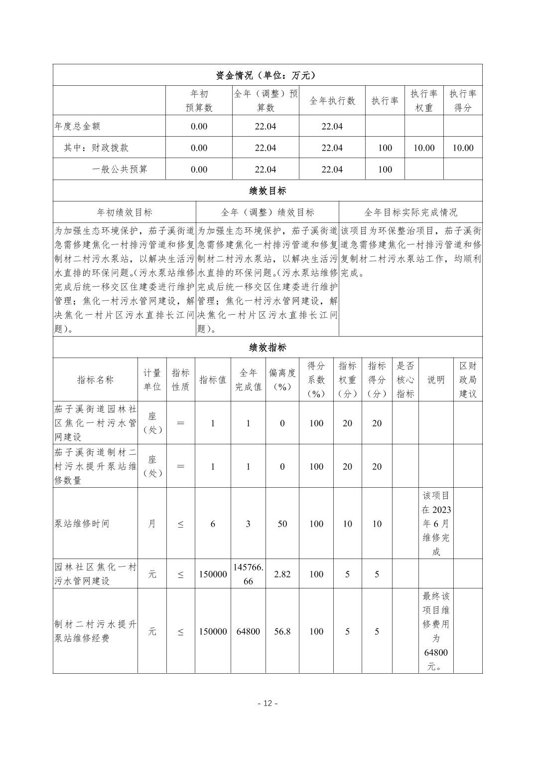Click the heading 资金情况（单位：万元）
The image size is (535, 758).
tap(267, 75)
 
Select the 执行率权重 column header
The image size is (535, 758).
tap(424, 101)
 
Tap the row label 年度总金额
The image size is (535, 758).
tap(77, 126)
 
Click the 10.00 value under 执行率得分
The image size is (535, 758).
tap(463, 148)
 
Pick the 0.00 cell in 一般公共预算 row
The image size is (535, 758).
tap(199, 169)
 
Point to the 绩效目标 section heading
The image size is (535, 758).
tap(267, 190)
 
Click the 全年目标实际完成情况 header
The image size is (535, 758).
tap(410, 212)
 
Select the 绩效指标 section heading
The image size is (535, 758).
tap(267, 348)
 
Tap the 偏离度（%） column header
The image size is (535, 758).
tap(282, 379)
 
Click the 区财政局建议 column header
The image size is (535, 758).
tap(468, 379)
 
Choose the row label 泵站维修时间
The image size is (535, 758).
tap(82, 524)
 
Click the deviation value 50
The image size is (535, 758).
tap(282, 524)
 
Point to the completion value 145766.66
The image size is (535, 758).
tap(248, 574)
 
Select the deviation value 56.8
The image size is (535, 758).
tap(282, 631)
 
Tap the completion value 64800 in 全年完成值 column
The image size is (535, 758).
tap(248, 631)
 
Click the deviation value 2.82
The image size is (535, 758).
tap(282, 574)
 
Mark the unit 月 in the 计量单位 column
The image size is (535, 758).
tap(152, 524)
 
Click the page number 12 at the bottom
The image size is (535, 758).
tap(267, 703)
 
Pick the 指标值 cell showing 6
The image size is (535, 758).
tap(213, 524)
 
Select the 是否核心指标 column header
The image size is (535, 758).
tap(405, 379)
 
